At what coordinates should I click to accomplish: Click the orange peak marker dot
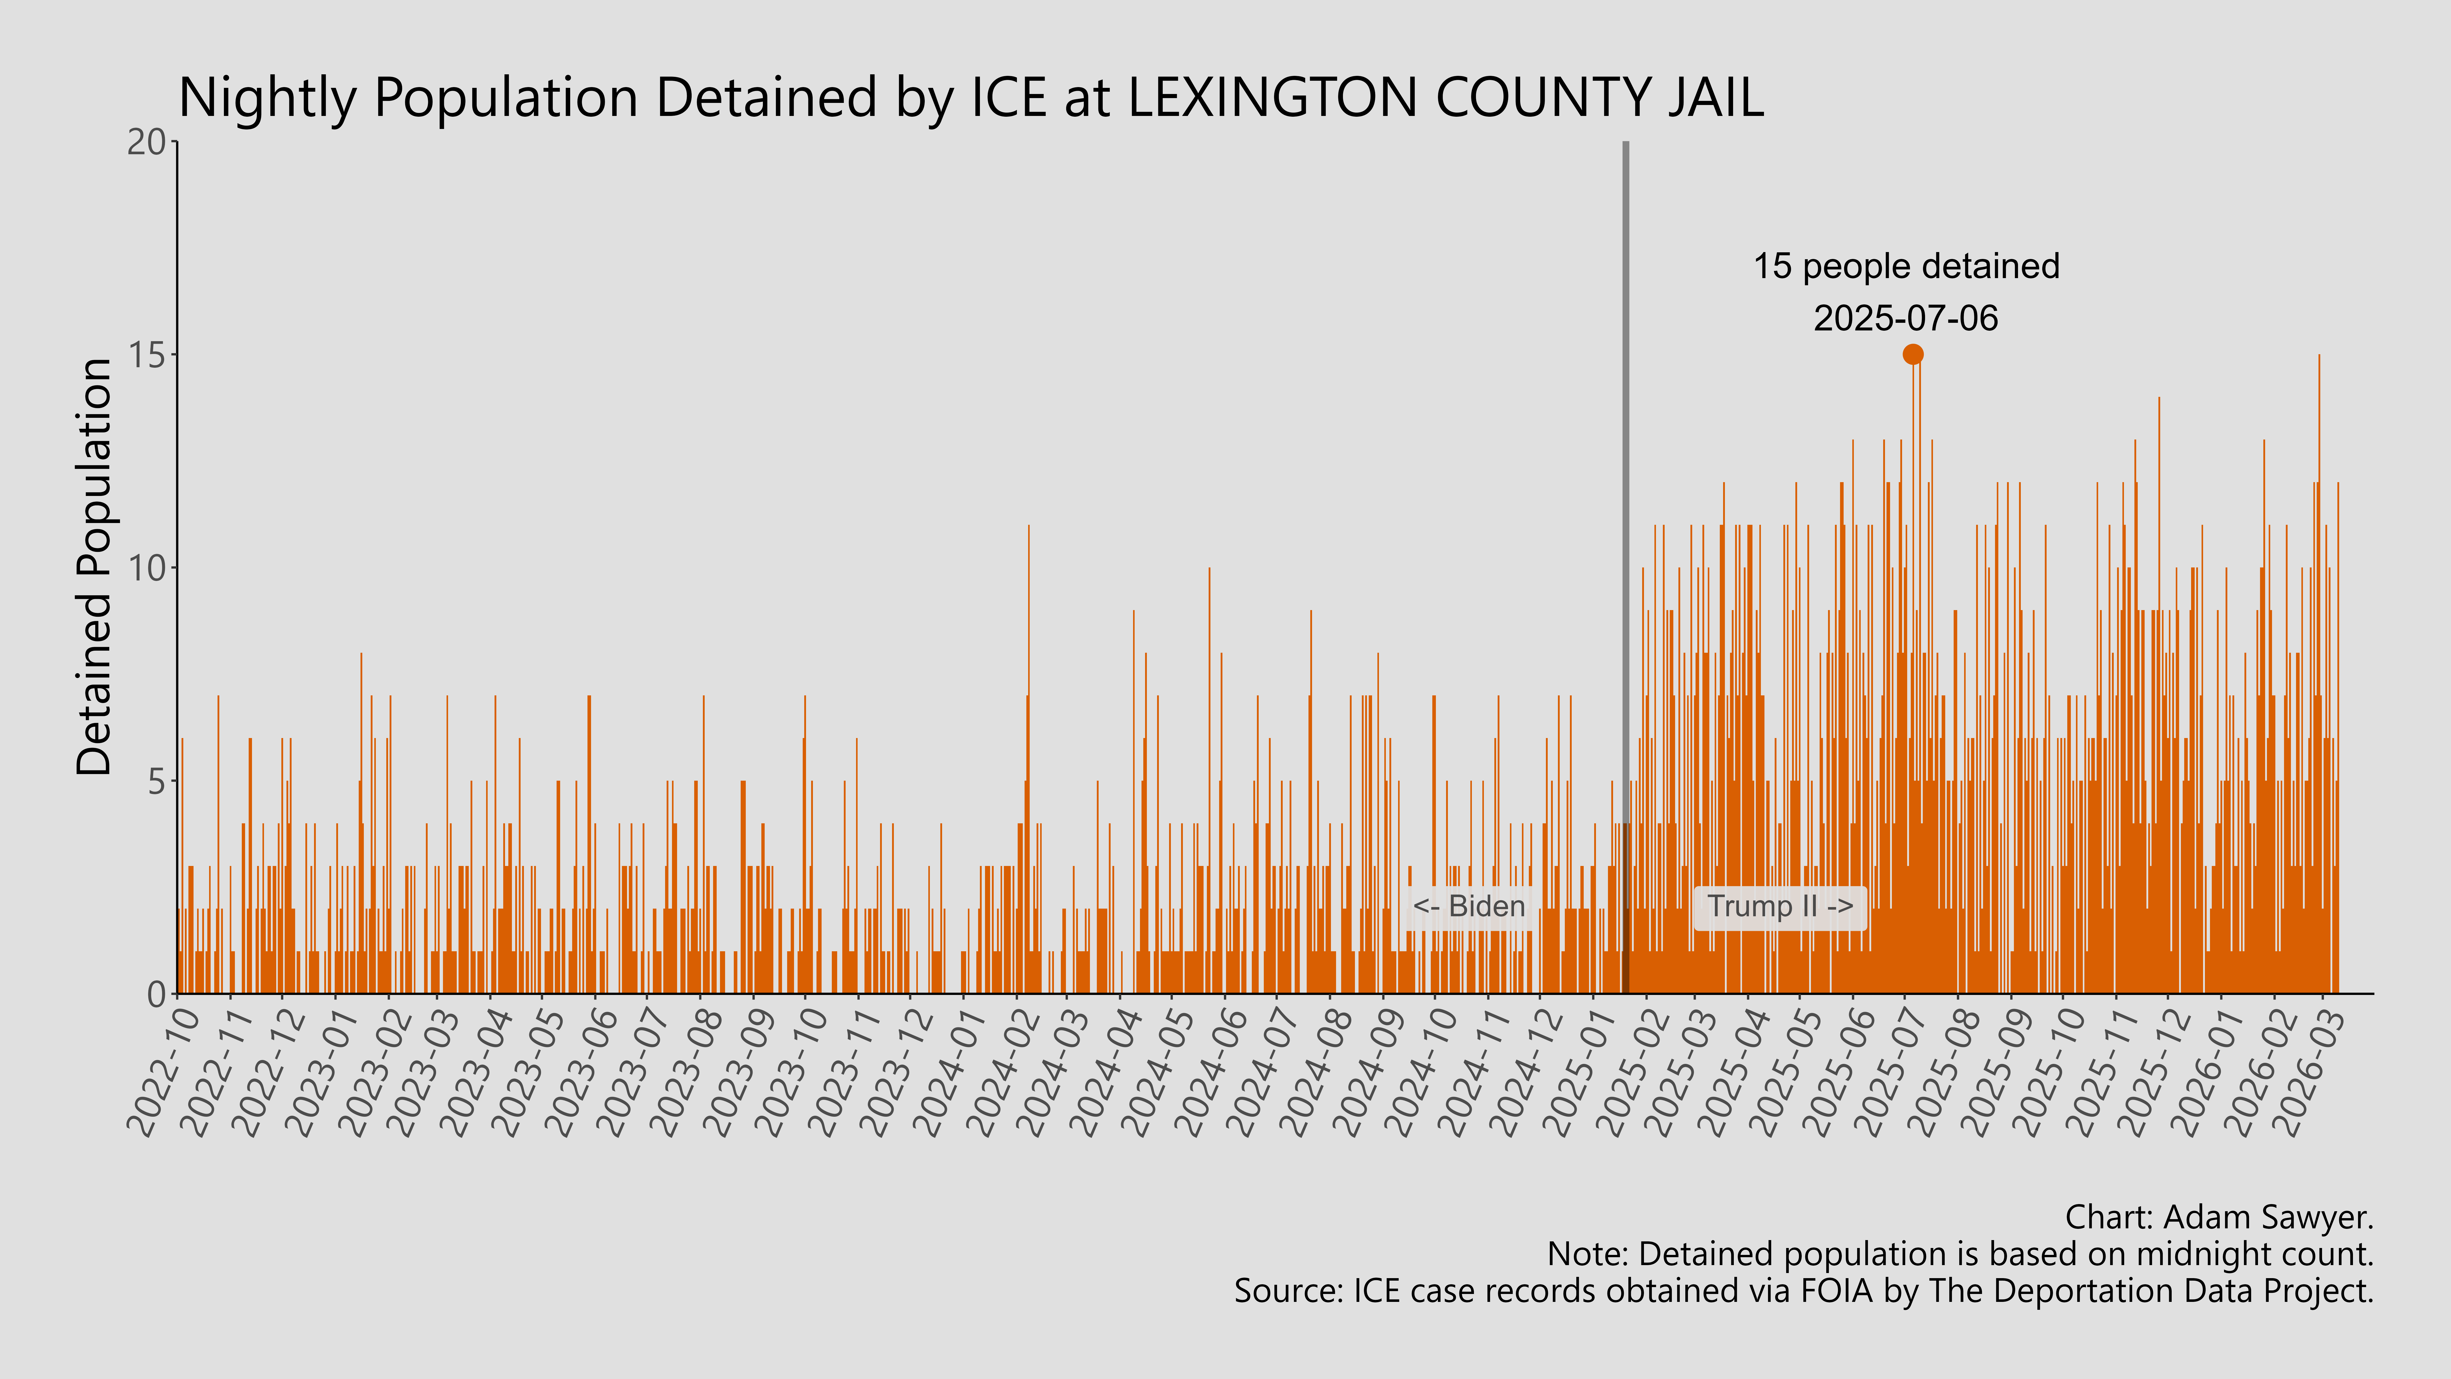pyautogui.click(x=1913, y=354)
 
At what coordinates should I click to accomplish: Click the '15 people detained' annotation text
pyautogui.click(x=1906, y=266)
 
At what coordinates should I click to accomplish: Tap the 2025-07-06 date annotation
pyautogui.click(x=1906, y=318)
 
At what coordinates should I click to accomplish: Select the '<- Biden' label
pyautogui.click(x=1468, y=906)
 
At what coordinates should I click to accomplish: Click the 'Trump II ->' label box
pyautogui.click(x=1779, y=906)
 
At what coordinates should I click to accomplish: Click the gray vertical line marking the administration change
pyautogui.click(x=1625, y=476)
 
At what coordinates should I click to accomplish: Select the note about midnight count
pyautogui.click(x=1960, y=1254)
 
